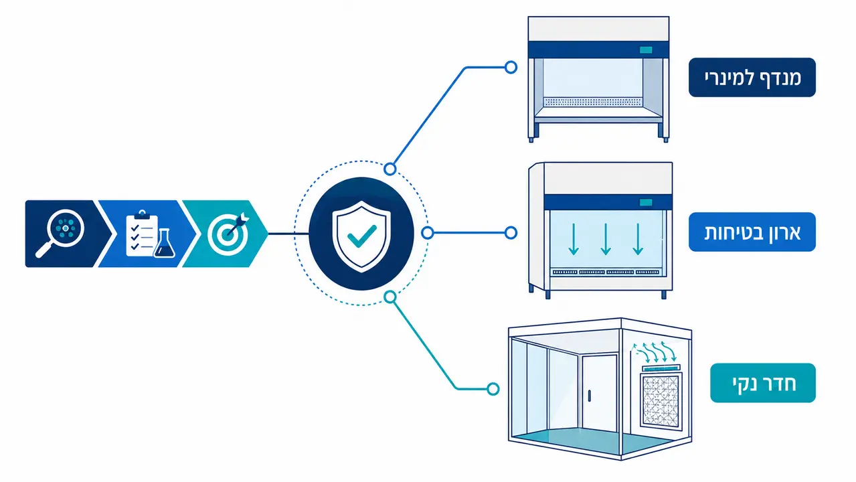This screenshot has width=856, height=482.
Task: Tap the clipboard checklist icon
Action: [141, 233]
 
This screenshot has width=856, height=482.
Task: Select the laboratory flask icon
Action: [165, 244]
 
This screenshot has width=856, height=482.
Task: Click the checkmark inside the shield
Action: [361, 236]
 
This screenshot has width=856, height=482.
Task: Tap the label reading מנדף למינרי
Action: [752, 77]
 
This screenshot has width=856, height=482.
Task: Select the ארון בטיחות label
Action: [752, 232]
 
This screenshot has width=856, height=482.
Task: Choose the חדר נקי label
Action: [763, 383]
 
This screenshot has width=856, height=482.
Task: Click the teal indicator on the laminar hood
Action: [646, 50]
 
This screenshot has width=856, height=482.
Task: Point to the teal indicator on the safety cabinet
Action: [646, 202]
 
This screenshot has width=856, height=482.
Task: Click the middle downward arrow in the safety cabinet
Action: [605, 239]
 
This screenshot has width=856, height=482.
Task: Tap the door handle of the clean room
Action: [589, 396]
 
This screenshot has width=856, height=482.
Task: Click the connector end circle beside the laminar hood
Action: [511, 67]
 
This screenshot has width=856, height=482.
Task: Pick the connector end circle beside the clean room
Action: [493, 389]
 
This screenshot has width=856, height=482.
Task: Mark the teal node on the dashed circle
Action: [390, 297]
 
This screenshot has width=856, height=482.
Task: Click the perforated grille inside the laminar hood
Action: [593, 102]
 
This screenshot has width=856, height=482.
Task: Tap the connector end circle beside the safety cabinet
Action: [511, 233]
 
